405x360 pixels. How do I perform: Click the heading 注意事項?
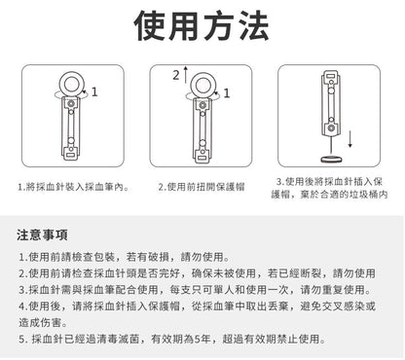point(42,235)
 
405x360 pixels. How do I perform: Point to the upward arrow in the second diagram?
point(177,74)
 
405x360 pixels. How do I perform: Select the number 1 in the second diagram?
point(227,93)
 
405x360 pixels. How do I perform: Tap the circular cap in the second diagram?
point(202,79)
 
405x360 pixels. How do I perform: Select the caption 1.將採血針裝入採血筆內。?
point(73,185)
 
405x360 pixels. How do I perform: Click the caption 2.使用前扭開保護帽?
point(203,185)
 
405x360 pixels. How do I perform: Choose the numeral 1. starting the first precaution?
point(22,256)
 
